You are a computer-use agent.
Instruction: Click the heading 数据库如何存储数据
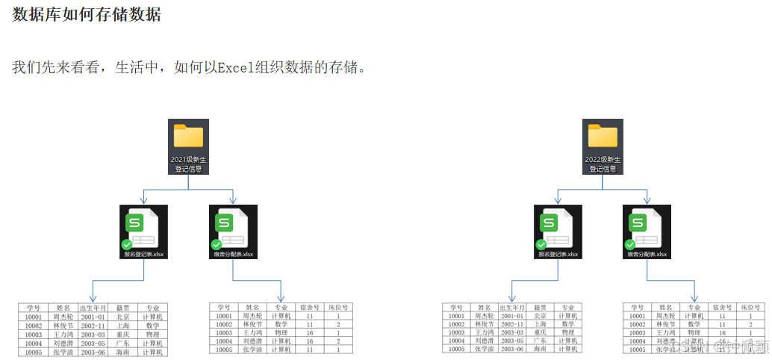click(86, 14)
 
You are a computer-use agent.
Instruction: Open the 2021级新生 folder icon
click(188, 136)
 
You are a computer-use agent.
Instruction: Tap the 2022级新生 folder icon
click(603, 136)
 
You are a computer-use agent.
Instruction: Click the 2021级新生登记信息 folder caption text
click(188, 164)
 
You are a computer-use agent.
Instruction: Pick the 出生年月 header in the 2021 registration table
click(93, 308)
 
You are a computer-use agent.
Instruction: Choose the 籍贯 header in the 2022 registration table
click(539, 308)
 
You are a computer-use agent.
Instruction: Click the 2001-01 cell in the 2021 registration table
click(93, 316)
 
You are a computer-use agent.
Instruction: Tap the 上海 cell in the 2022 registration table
click(539, 324)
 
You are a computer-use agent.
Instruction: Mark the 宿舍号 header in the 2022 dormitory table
click(721, 308)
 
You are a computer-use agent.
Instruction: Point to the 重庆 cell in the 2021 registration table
click(122, 333)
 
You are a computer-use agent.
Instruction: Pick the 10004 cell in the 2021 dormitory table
click(224, 341)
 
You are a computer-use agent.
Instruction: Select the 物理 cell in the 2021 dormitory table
click(281, 333)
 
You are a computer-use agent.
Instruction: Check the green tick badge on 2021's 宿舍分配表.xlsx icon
click(217, 244)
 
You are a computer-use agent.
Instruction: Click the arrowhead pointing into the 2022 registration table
click(511, 299)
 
